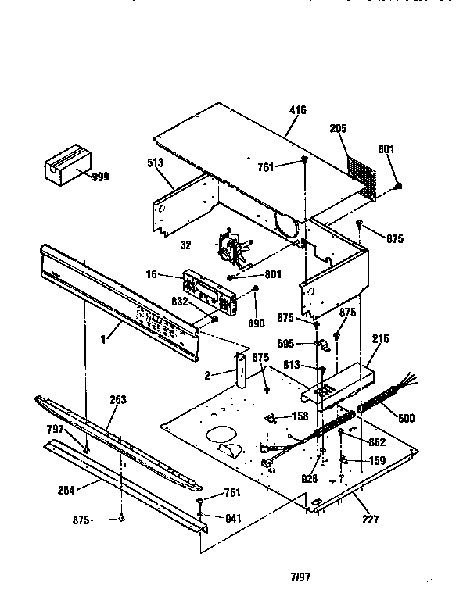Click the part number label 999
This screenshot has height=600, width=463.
pos(100,177)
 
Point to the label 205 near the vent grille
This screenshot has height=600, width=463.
pos(338,128)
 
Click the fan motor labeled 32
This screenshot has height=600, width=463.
pos(231,246)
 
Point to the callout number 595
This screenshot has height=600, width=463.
pos(287,342)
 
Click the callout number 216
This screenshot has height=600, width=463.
pos(381,338)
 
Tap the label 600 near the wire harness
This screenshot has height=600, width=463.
pos(405,419)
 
